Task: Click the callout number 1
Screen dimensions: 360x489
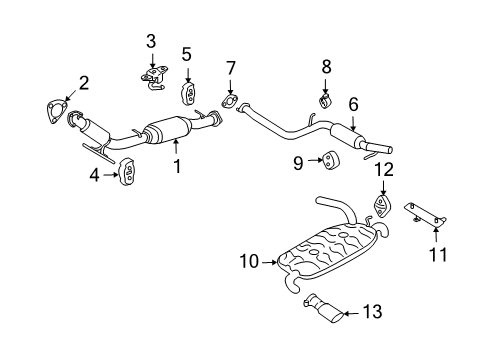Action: (177, 167)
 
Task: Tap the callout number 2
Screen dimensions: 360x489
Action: (84, 84)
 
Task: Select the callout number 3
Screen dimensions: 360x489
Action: (151, 41)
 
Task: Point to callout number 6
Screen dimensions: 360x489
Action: (356, 103)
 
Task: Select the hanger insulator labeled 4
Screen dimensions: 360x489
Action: (127, 172)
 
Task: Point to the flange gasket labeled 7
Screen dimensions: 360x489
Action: (231, 101)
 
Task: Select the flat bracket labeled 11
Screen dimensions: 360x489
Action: (424, 214)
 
